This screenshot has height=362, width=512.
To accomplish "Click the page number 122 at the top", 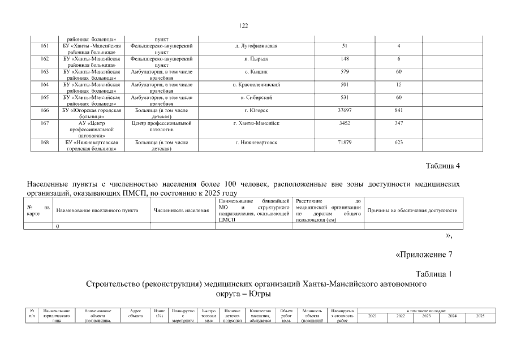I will coord(244,25).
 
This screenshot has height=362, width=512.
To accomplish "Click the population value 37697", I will coord(345,110).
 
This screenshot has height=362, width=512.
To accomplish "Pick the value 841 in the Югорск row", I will coord(399,110).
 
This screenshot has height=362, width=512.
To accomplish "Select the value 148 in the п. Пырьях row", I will coord(345,58).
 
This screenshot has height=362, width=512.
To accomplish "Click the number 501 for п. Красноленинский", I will coord(345,84).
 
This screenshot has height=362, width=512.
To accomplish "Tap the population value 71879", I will coord(345,142).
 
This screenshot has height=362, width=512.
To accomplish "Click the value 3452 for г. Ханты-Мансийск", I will coord(345,123).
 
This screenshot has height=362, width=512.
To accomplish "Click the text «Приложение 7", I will coord(424,253).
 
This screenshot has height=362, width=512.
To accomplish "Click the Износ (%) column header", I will coord(160,313).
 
